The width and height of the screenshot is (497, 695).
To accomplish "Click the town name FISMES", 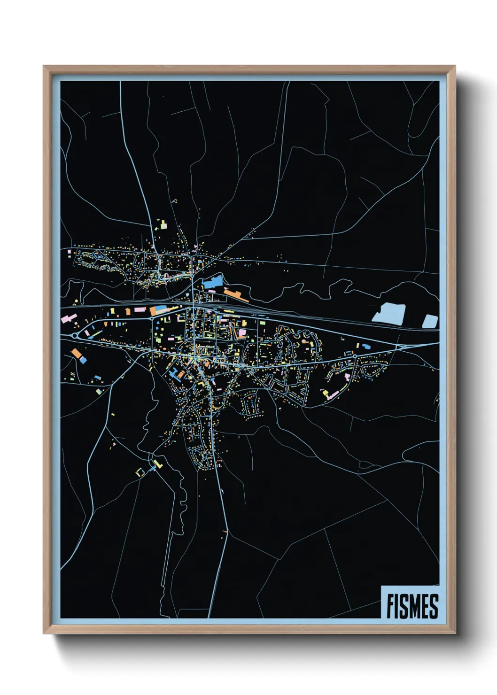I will (412, 606).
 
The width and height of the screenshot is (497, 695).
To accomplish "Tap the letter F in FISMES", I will (391, 606).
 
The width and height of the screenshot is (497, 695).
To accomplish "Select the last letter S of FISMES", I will (434, 606).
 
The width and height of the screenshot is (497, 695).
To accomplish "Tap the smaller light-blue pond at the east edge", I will (430, 321).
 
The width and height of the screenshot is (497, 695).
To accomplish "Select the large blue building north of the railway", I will (212, 283).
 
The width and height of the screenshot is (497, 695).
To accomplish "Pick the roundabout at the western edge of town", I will (75, 336).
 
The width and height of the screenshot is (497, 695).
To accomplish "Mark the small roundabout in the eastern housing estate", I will (355, 357).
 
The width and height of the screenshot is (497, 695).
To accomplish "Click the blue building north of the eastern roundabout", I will (366, 347).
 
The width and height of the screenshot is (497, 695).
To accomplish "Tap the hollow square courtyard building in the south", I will (140, 472).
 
